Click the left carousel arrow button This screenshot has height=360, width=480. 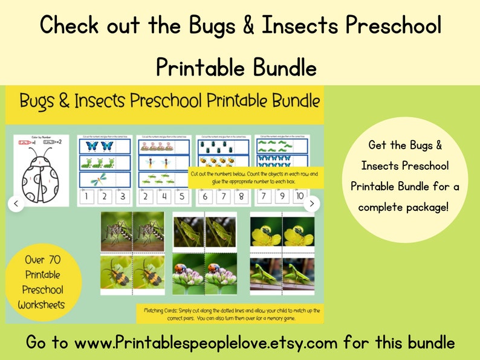click(x=16, y=204)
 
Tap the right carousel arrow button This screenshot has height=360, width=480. click(x=311, y=204)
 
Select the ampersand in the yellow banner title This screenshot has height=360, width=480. click(x=100, y=101)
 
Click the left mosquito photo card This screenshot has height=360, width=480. click(x=117, y=231)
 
